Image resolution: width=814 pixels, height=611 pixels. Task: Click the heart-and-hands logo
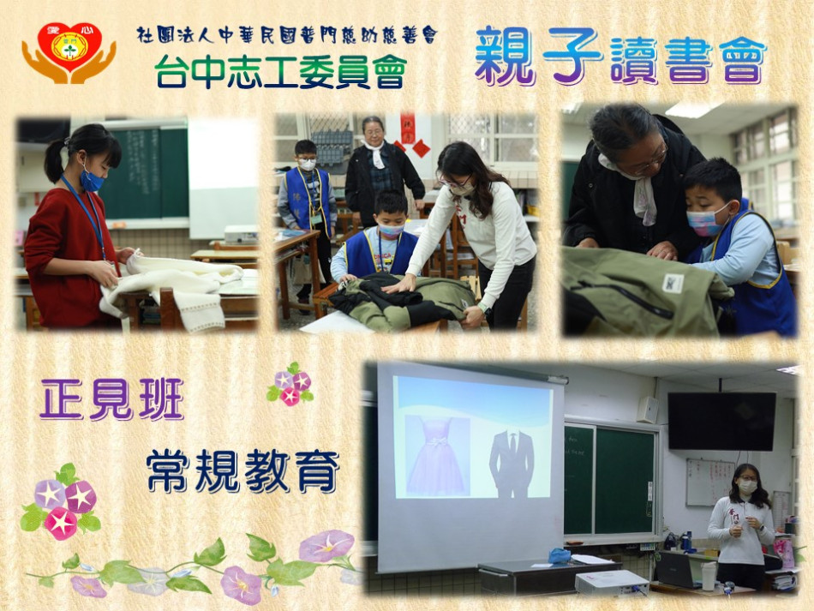pos(69,53)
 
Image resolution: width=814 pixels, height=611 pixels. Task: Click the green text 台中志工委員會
pos(280,72)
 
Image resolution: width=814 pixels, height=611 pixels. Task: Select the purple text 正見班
pos(112,398)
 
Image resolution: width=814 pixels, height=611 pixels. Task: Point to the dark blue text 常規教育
pos(242,471)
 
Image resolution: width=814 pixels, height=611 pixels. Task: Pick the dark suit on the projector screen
pos(512,463)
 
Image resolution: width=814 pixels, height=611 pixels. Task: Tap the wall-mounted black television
pos(721,421)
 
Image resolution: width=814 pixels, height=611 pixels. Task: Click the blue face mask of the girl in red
pos(92,180)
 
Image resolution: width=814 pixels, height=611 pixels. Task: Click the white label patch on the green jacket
pos(673,284)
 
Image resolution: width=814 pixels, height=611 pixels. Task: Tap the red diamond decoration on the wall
pos(421,148)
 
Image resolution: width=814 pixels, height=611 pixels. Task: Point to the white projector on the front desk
pos(612,583)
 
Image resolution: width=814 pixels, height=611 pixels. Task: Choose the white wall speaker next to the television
pos(648,410)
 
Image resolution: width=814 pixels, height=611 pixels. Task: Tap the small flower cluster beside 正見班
pos(290,385)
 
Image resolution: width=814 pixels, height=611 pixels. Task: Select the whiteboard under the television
pos(709,482)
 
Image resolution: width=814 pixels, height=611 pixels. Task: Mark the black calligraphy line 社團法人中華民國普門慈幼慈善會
pos(287,35)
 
